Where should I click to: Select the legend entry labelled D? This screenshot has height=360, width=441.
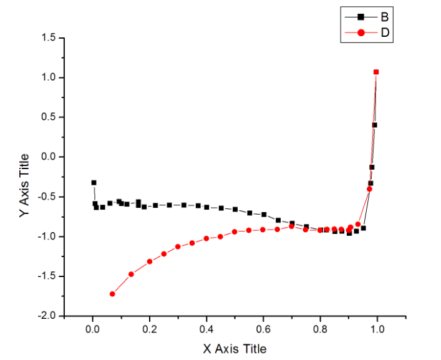pos(385,32)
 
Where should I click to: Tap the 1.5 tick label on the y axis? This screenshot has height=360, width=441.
pos(49,38)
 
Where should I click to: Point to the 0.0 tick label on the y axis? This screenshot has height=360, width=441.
pos(49,157)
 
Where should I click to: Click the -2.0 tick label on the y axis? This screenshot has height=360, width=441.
pos(47,316)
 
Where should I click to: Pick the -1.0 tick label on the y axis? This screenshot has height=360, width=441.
pos(47,236)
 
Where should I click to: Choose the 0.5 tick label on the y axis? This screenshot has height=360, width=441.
pos(49,117)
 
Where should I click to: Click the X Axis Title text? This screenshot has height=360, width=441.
pos(235,348)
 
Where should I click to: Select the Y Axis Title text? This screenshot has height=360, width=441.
pos(24,185)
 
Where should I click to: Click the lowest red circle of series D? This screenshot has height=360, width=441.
pos(112,294)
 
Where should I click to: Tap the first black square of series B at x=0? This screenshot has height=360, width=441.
pos(94,183)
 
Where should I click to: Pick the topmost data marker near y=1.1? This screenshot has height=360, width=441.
pos(376,72)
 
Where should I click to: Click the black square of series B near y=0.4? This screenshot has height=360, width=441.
pos(374,125)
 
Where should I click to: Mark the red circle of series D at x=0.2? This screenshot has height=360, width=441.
pos(150,261)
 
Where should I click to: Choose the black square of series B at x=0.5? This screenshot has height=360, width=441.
pos(235,209)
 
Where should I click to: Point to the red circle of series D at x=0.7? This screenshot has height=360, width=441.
pos(291,226)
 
